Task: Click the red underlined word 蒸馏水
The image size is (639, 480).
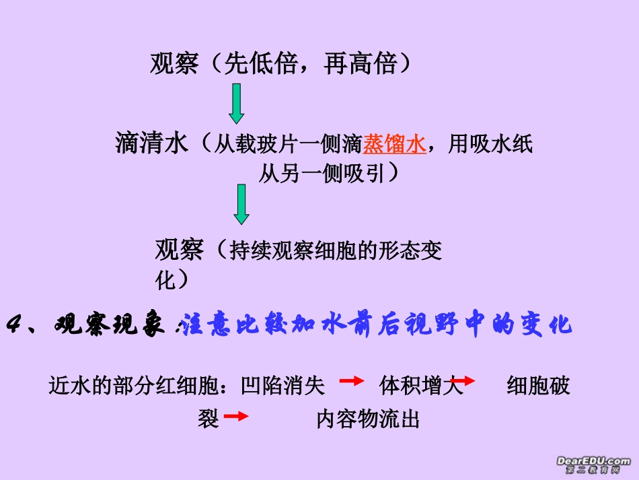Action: [395, 144]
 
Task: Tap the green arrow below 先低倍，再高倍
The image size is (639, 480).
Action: [237, 103]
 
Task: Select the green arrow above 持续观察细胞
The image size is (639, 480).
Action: [241, 204]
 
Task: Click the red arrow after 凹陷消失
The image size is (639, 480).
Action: [352, 381]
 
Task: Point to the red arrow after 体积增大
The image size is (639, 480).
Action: [462, 381]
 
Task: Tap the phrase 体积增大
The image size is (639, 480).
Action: [421, 386]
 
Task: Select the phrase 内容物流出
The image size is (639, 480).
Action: [368, 420]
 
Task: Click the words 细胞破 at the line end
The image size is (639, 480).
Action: [538, 386]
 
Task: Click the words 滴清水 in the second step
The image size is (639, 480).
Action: [152, 143]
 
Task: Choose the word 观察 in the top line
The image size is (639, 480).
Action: [174, 64]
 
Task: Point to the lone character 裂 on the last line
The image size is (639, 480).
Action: [209, 420]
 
